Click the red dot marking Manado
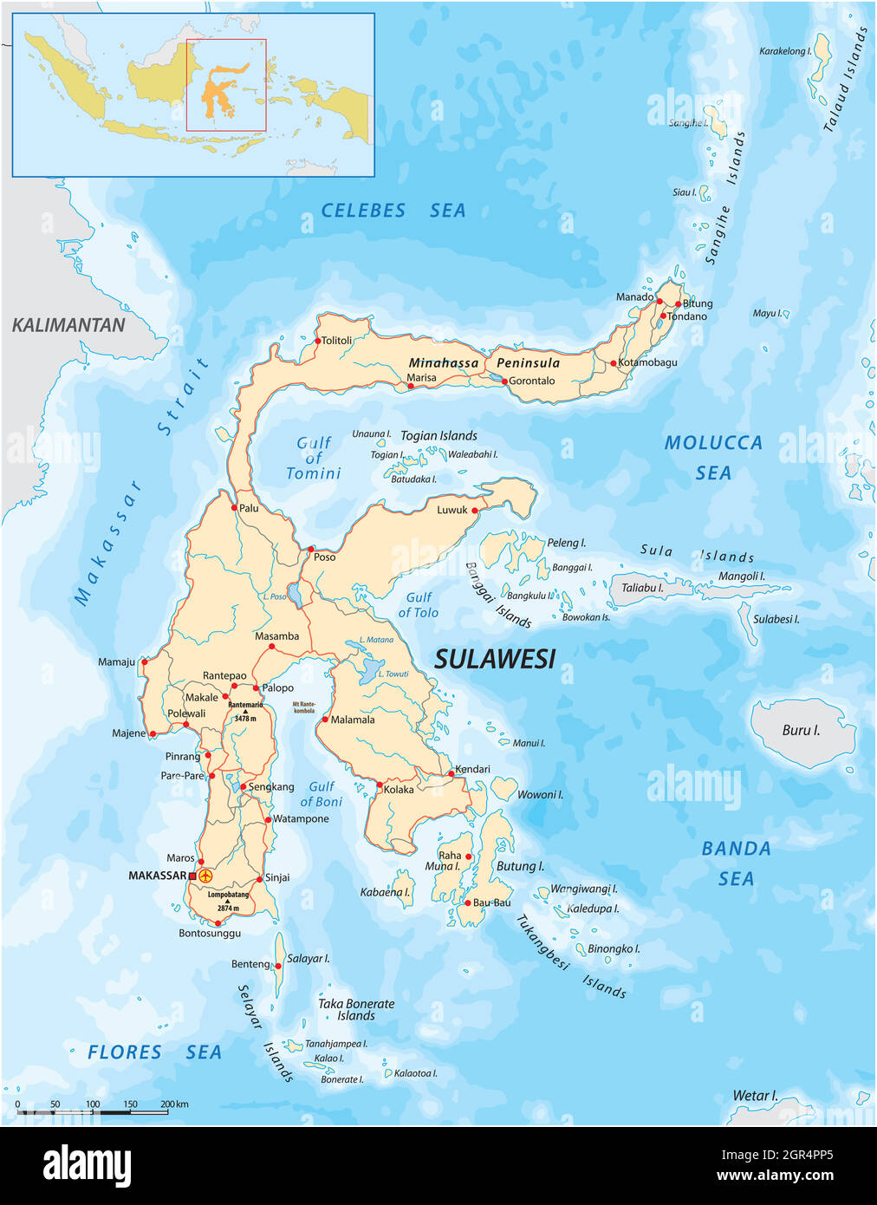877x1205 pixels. click(x=659, y=302)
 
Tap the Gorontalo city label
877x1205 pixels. click(x=531, y=381)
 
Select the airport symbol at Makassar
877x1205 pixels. click(x=205, y=876)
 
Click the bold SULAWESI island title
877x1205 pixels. click(x=494, y=660)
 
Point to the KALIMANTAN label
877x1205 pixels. click(x=68, y=325)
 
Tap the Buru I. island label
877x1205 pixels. click(x=800, y=730)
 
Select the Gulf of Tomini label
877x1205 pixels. click(x=313, y=458)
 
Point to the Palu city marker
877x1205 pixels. click(x=234, y=508)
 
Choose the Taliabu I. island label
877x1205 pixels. click(x=642, y=588)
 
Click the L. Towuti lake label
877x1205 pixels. click(x=393, y=674)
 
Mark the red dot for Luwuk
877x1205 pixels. click(x=475, y=511)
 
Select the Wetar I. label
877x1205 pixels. click(x=755, y=1096)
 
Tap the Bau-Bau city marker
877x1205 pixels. click(x=467, y=902)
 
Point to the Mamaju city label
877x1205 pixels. click(x=116, y=662)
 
